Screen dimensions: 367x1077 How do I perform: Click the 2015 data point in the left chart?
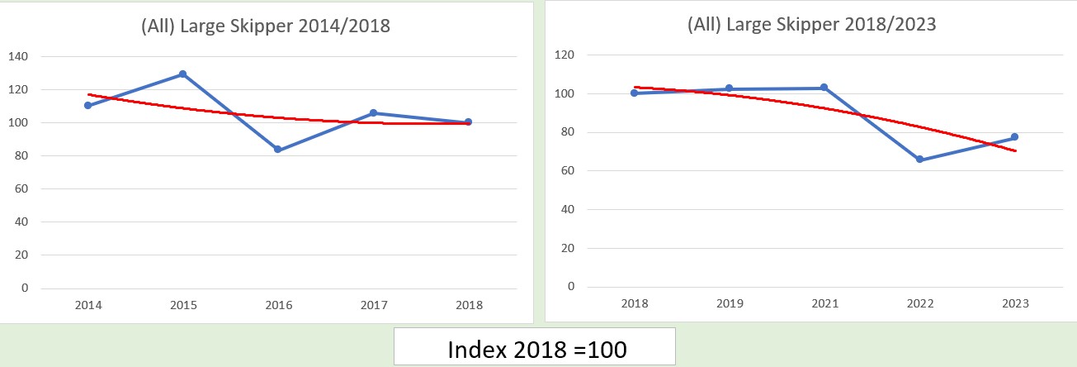pyautogui.click(x=183, y=74)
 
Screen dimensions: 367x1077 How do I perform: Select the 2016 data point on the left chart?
pyautogui.click(x=278, y=150)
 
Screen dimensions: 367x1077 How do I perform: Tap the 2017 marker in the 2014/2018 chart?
pyautogui.click(x=373, y=112)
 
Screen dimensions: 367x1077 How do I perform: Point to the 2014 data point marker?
pyautogui.click(x=87, y=105)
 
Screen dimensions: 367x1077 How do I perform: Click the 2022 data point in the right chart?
pyautogui.click(x=920, y=160)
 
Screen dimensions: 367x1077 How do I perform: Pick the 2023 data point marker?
pyautogui.click(x=1015, y=137)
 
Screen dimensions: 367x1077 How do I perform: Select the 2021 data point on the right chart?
pyautogui.click(x=824, y=88)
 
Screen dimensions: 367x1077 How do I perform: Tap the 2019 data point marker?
pyautogui.click(x=730, y=88)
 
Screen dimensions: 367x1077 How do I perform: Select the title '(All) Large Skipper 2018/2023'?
pyautogui.click(x=812, y=24)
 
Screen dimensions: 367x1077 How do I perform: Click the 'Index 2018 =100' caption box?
pyautogui.click(x=536, y=348)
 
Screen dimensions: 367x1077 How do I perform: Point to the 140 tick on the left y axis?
pyautogui.click(x=17, y=56)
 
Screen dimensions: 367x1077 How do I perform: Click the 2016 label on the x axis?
pyautogui.click(x=278, y=305)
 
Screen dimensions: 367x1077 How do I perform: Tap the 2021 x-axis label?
pyautogui.click(x=824, y=303)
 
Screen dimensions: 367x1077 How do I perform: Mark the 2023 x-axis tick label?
pyautogui.click(x=1015, y=303)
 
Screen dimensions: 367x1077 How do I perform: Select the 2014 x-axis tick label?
pyautogui.click(x=87, y=305)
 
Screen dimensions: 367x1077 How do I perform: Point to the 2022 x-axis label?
pyautogui.click(x=920, y=303)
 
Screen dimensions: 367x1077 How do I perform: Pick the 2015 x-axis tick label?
pyautogui.click(x=183, y=305)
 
